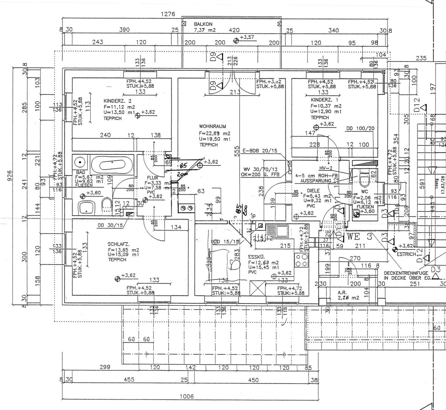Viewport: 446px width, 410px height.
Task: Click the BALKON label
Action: [203, 24]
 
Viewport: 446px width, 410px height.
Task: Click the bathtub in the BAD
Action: [112, 165]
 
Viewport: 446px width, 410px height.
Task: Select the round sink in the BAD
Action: [80, 163]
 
